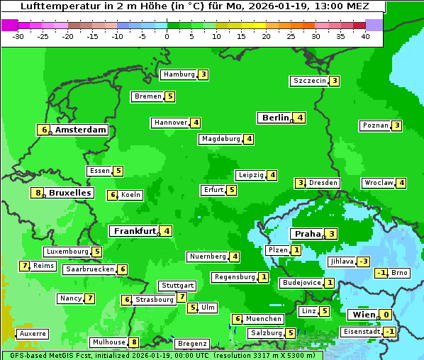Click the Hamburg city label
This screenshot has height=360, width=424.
[179, 74]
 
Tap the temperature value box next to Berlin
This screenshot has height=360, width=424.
[300, 118]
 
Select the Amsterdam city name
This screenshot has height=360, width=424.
[81, 130]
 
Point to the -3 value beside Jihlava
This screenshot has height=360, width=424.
[364, 261]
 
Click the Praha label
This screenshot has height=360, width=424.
[308, 234]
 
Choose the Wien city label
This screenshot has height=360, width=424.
[362, 315]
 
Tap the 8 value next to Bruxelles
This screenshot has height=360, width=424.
[38, 193]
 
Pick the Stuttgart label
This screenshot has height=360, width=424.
[177, 286]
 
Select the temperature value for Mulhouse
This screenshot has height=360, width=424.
[134, 342]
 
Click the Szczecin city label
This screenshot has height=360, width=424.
[310, 81]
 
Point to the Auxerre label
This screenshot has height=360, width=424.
[33, 333]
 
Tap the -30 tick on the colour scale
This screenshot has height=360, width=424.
[19, 36]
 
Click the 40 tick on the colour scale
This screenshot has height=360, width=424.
[365, 36]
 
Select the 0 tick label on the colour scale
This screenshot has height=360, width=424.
[167, 36]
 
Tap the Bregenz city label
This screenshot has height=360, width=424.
[191, 344]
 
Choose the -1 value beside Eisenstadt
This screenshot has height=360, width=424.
[389, 332]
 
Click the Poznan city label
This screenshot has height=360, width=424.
[376, 126]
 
